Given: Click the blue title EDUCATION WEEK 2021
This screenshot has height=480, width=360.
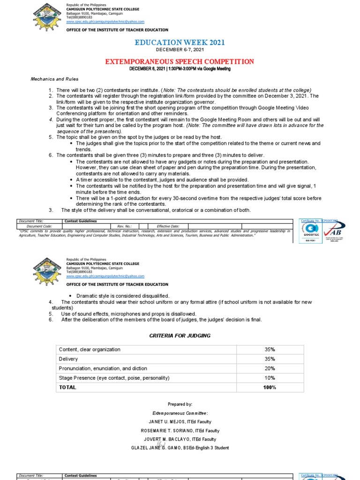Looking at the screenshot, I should tap(180, 43).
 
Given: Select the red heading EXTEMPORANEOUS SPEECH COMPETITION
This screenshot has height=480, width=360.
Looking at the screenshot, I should tap(180, 61).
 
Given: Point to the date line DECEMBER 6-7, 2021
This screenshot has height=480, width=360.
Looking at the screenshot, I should tap(180, 50).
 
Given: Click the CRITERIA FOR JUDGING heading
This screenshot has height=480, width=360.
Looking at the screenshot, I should tap(180, 336).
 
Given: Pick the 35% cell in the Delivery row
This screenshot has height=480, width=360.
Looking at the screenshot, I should tap(270, 359).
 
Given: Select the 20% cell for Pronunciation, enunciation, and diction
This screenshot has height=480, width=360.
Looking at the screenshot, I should tap(270, 368).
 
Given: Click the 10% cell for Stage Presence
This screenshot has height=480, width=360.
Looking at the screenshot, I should tap(270, 378).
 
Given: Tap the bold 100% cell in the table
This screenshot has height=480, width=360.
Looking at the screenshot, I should tap(270, 387).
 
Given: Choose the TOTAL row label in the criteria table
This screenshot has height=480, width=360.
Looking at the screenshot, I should tap(67, 387).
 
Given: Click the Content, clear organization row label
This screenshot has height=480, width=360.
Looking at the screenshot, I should tap(90, 350).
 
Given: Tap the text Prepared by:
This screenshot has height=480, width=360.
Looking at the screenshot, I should tap(180, 404).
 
